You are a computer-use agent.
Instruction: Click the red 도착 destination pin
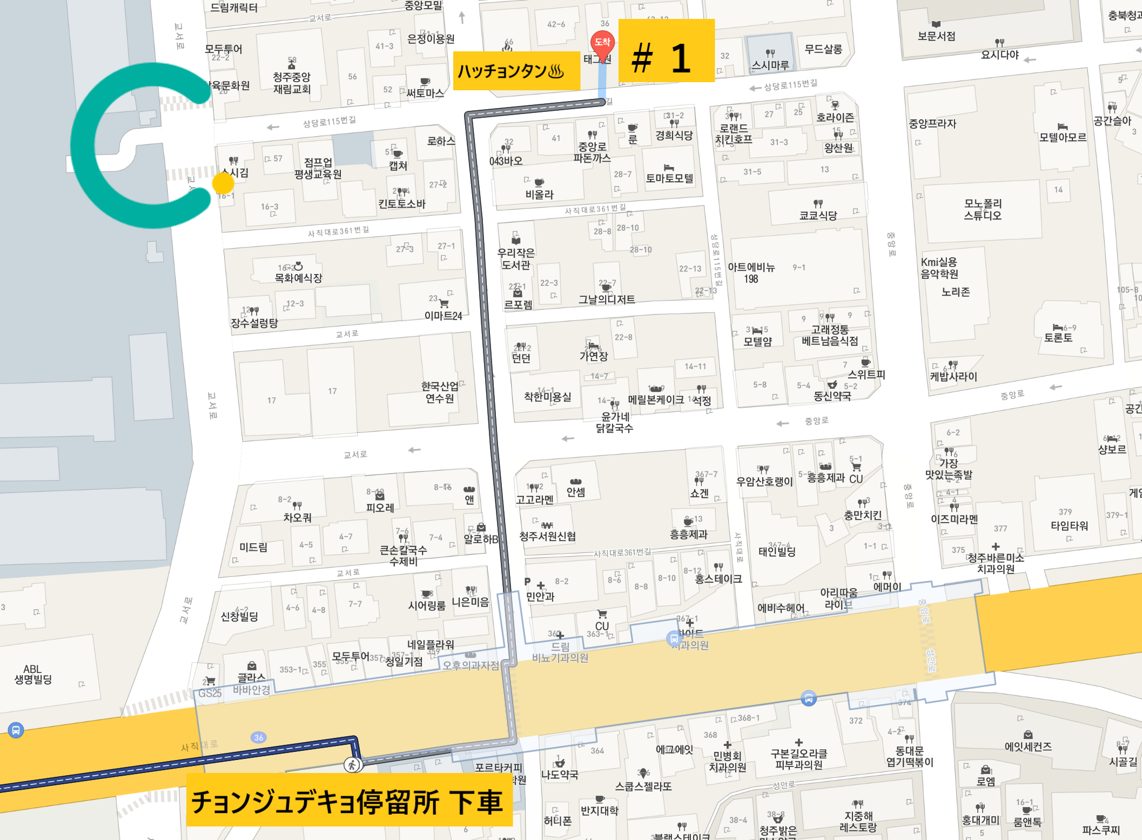[602, 44]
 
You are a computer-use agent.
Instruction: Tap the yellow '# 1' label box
[666, 51]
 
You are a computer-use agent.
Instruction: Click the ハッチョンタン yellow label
[516, 71]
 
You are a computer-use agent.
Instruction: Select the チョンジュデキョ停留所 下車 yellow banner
[349, 800]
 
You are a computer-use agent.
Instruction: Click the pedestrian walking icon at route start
[352, 765]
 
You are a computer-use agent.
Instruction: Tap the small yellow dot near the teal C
[223, 183]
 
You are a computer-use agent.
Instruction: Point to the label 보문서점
[936, 36]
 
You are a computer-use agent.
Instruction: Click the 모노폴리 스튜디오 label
[983, 209]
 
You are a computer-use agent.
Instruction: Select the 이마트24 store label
[443, 316]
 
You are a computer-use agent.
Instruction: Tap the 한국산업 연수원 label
[440, 392]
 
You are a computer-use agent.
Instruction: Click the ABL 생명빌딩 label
[33, 674]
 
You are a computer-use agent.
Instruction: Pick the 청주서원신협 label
[547, 536]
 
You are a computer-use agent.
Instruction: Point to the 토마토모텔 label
[669, 178]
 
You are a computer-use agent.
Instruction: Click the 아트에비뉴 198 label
[751, 273]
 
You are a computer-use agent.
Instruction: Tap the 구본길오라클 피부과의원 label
[798, 759]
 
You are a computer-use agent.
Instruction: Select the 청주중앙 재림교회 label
[292, 83]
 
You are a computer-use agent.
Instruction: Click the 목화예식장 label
[298, 278]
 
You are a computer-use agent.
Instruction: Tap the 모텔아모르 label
[1062, 137]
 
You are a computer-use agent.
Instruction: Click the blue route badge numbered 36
[259, 737]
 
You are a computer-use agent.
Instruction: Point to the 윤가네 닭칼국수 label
[614, 422]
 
